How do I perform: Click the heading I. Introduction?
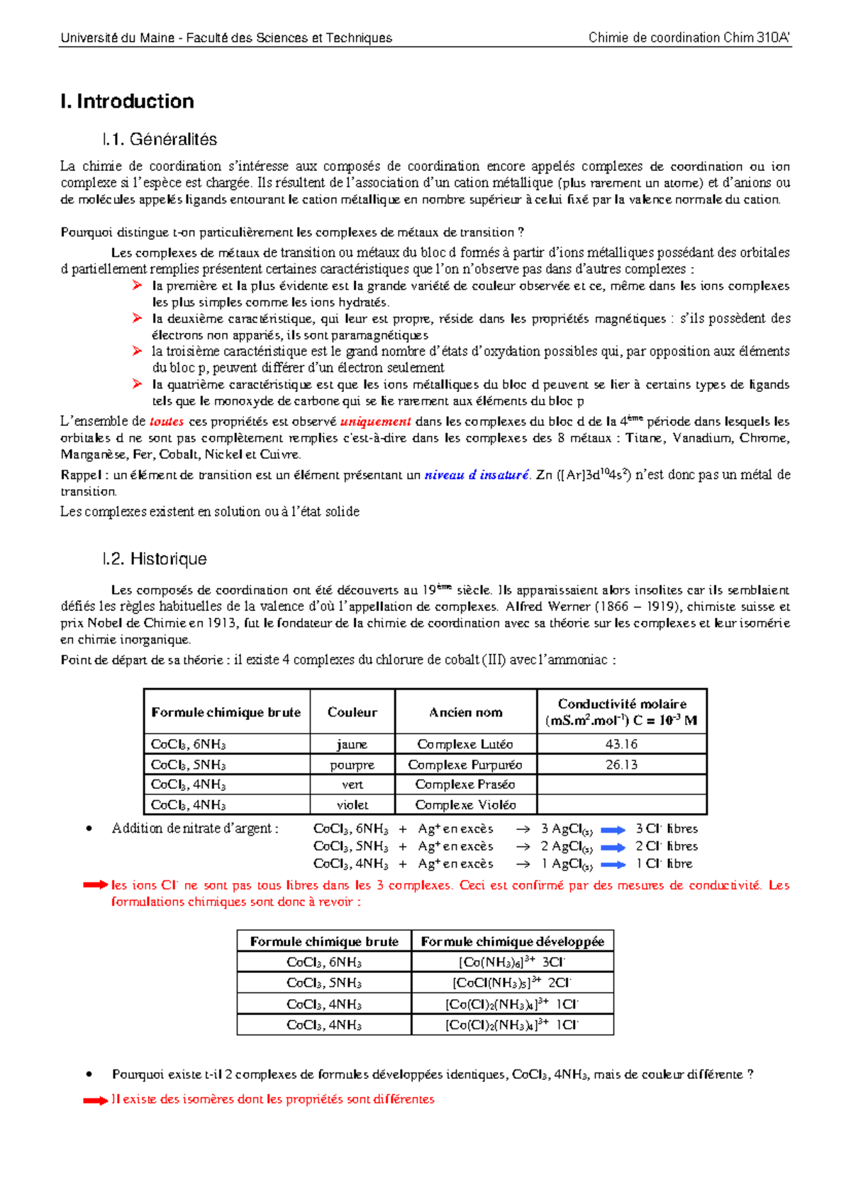coord(128,101)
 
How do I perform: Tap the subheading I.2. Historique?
coord(154,558)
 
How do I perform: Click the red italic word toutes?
coord(167,421)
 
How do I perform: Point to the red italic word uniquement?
coord(375,421)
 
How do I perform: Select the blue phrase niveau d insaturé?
coord(476,475)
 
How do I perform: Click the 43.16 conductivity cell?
coord(621,744)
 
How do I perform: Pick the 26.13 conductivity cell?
coord(621,765)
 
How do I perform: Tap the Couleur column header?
coord(352,712)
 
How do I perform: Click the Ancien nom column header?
coord(465,712)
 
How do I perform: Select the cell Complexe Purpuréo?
coord(465,765)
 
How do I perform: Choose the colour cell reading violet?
coord(352,805)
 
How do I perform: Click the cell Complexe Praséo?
coord(465,785)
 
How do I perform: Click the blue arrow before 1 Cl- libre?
coord(613,865)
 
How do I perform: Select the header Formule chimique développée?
coord(512,941)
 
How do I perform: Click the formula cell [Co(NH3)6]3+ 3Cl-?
coord(512,962)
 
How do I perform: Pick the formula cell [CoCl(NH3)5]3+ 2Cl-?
coord(512,982)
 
